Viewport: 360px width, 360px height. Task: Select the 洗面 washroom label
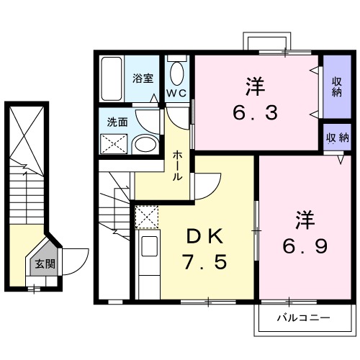point(118,122)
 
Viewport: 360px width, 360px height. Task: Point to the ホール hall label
point(176,165)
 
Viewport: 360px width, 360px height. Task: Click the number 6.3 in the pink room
point(254,113)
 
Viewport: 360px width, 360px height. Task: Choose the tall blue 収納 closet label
point(336,86)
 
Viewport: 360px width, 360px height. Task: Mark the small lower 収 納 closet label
point(336,138)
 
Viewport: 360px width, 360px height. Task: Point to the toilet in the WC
point(176,74)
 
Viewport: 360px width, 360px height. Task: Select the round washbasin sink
point(145,144)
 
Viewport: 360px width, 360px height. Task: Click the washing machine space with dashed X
point(115,144)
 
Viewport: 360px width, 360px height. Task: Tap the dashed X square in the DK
point(147,217)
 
